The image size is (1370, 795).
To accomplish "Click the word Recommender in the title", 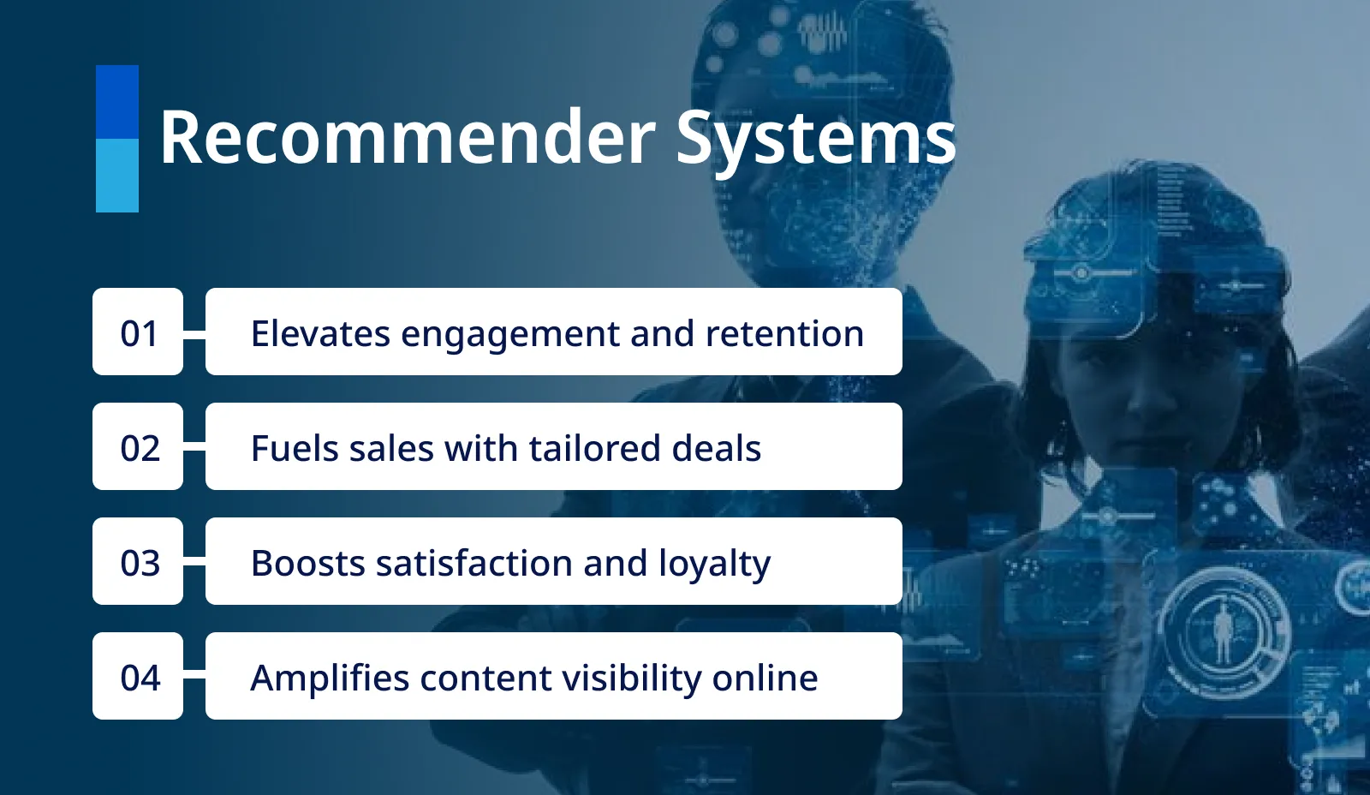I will [408, 137].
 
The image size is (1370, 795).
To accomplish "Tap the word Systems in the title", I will [815, 139].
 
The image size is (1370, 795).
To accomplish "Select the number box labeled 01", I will [138, 332].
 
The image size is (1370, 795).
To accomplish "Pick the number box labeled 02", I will [138, 447].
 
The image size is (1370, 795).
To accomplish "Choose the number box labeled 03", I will [138, 562].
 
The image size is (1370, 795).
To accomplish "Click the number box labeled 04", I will [138, 677].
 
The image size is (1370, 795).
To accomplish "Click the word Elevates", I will [320, 333].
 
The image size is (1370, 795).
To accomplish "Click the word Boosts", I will [308, 563].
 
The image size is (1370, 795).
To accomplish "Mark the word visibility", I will [632, 678].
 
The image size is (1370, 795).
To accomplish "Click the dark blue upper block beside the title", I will [117, 102].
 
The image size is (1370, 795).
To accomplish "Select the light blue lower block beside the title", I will [117, 176].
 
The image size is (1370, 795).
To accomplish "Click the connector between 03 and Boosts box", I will [194, 562].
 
